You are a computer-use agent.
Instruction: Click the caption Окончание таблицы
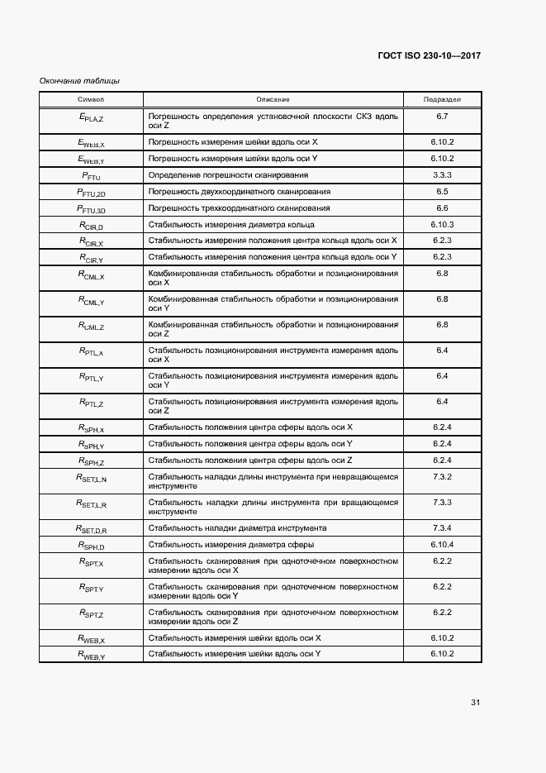pyautogui.click(x=80, y=81)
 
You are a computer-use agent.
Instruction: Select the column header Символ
pyautogui.click(x=91, y=99)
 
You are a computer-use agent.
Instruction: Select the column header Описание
pyautogui.click(x=273, y=99)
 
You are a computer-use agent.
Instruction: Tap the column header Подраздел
pyautogui.click(x=442, y=99)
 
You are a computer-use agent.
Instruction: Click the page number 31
pyautogui.click(x=475, y=703)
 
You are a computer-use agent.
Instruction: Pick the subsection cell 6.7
pyautogui.click(x=442, y=117)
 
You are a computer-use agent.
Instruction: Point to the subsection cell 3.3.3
pyautogui.click(x=442, y=175)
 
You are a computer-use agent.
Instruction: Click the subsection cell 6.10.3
pyautogui.click(x=442, y=224)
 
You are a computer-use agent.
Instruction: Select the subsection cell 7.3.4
pyautogui.click(x=442, y=527)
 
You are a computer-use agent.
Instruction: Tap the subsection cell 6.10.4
pyautogui.click(x=442, y=545)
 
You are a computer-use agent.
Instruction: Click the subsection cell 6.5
pyautogui.click(x=442, y=192)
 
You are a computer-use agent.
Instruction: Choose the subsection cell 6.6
pyautogui.click(x=442, y=208)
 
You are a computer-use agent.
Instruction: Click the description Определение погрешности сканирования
pyautogui.click(x=228, y=175)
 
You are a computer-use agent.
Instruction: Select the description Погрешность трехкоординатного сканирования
pyautogui.click(x=239, y=208)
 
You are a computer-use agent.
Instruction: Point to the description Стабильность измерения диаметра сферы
pyautogui.click(x=230, y=545)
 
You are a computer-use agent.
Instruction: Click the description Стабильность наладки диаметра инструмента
pyautogui.click(x=237, y=527)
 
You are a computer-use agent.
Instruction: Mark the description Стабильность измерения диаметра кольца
pyautogui.click(x=230, y=224)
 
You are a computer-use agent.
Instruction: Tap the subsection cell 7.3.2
pyautogui.click(x=442, y=477)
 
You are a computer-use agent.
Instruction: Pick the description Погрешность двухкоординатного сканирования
pyautogui.click(x=239, y=192)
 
